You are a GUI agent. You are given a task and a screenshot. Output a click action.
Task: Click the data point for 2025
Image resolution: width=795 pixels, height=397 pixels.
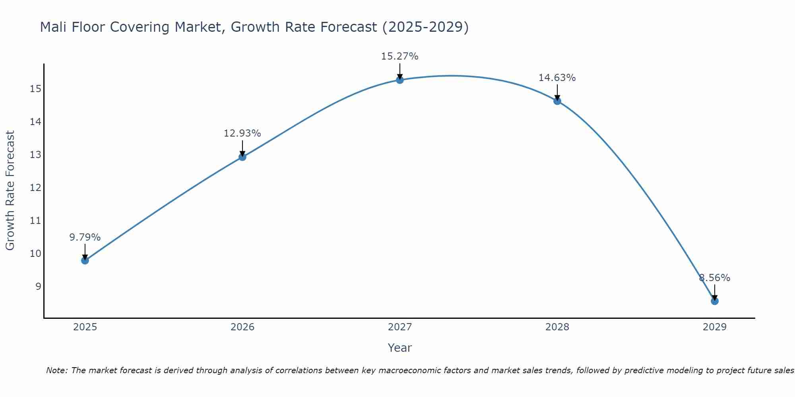85,260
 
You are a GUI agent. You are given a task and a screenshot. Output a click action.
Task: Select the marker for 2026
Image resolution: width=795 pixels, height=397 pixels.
242,157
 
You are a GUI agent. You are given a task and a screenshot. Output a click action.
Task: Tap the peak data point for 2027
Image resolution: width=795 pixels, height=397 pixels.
399,80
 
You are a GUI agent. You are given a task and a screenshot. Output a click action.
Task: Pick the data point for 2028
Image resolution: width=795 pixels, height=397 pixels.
557,101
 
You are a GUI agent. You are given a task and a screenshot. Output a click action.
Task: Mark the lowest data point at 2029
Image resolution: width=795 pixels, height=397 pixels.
714,301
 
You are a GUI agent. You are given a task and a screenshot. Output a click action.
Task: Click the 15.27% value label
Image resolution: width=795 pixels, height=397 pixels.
399,56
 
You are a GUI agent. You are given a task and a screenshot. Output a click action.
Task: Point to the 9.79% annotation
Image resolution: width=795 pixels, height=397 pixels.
85,237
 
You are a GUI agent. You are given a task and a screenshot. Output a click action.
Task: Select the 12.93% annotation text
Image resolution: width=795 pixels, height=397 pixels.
242,133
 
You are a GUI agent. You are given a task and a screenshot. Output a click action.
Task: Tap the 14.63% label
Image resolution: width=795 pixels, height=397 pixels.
557,78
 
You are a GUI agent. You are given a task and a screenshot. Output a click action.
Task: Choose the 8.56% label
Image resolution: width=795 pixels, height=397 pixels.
714,278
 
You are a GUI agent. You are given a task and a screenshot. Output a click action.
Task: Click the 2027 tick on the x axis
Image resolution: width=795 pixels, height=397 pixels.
399,327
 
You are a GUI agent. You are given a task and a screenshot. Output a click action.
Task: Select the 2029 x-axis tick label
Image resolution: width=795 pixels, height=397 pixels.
714,327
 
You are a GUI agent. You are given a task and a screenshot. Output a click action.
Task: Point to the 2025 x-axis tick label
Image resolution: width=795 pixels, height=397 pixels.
85,327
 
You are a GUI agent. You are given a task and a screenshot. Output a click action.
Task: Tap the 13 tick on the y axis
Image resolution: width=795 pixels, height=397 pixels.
35,154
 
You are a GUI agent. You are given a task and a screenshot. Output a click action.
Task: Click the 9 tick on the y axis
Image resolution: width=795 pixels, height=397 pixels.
38,286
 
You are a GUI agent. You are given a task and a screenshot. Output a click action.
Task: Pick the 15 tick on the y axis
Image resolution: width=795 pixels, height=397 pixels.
35,89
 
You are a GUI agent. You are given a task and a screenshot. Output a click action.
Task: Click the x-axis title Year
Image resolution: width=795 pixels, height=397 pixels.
399,348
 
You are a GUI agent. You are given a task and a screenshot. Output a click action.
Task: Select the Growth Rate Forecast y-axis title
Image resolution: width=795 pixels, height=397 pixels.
10,191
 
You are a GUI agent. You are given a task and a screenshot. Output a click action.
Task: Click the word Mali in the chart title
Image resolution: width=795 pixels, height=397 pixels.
53,27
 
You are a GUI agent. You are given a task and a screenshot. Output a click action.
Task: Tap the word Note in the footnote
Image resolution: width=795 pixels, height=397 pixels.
57,370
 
